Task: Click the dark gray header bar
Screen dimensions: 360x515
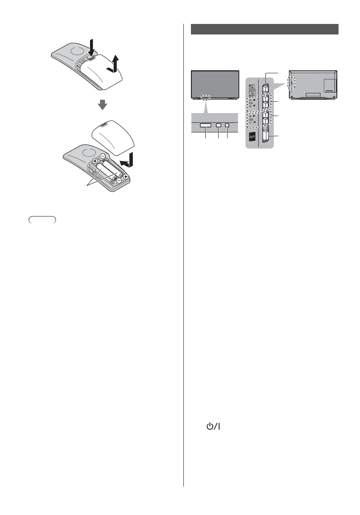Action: click(x=265, y=29)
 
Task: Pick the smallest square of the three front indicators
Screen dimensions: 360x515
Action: click(x=227, y=125)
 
